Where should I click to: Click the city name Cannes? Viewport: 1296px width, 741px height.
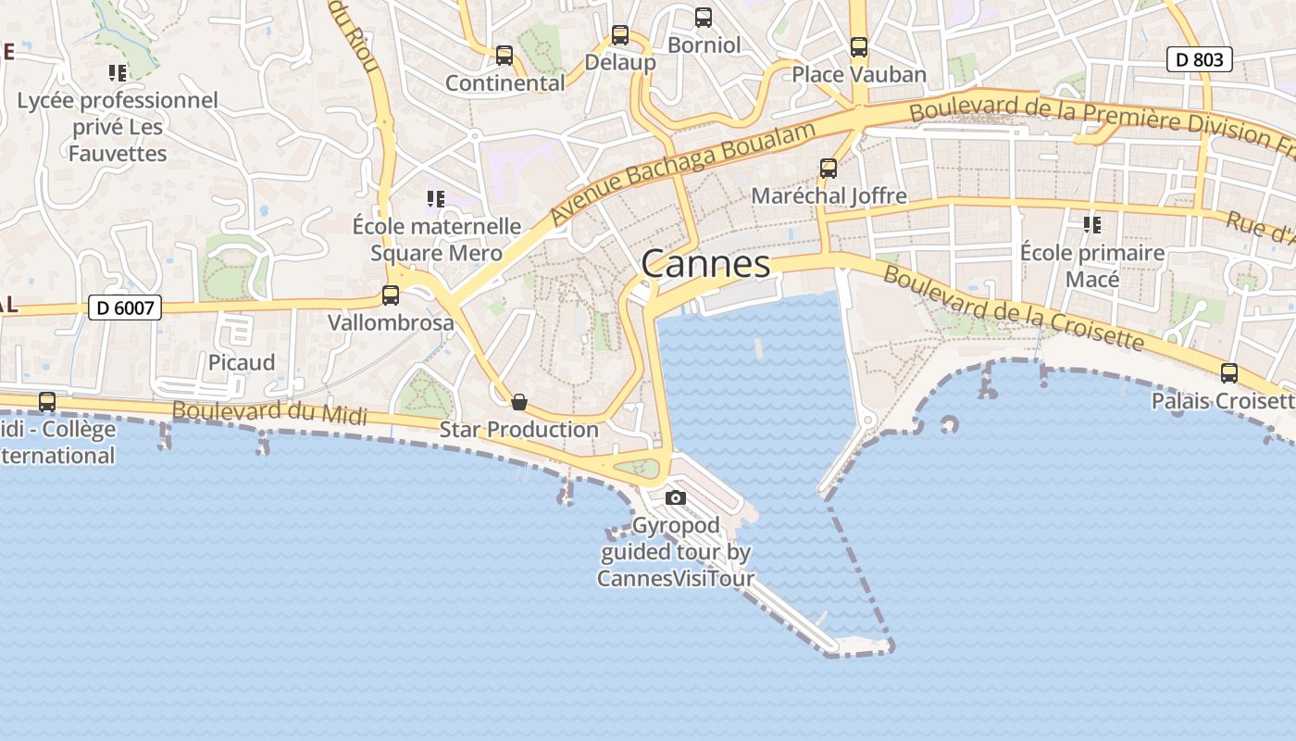[x=705, y=264]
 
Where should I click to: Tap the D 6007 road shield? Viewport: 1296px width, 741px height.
[x=125, y=308]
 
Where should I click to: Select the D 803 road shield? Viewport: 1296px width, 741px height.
[x=1200, y=60]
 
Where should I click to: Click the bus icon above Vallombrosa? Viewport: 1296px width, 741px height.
[x=391, y=295]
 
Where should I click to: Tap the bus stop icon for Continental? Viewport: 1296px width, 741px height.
[x=505, y=56]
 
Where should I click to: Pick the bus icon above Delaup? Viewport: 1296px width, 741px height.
[x=620, y=35]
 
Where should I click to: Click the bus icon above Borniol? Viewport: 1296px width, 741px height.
[x=704, y=17]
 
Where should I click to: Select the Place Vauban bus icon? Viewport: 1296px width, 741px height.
[x=859, y=46]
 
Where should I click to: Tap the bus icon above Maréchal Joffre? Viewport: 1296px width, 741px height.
[x=829, y=169]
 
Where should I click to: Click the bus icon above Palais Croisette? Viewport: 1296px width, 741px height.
[x=1229, y=373]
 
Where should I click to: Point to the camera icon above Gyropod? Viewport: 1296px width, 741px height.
[x=676, y=497]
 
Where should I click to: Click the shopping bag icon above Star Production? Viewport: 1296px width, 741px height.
[x=519, y=402]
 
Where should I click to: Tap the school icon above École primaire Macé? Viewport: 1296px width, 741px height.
[x=1092, y=225]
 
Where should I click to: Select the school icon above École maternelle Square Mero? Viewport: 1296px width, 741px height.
[x=436, y=199]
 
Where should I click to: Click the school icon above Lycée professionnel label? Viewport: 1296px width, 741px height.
[x=117, y=72]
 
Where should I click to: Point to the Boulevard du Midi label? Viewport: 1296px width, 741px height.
[x=269, y=412]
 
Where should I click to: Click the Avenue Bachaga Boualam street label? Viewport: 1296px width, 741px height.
[x=682, y=172]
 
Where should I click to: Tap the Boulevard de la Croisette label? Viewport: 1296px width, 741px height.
[x=1014, y=308]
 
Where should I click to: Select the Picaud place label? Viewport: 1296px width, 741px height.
[x=242, y=362]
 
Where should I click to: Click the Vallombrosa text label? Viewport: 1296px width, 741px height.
[x=391, y=322]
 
